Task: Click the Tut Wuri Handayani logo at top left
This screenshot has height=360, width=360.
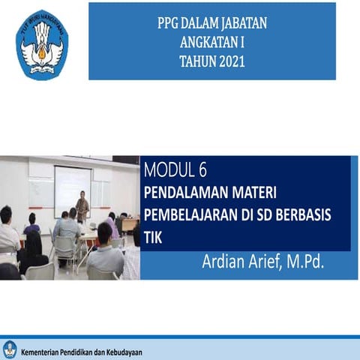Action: tap(42, 45)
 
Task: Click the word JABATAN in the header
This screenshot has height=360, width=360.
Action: tap(241, 23)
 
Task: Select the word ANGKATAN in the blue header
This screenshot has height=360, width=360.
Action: tap(204, 43)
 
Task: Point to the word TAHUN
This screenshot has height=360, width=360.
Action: tap(196, 61)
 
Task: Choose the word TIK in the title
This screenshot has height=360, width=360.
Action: tap(152, 235)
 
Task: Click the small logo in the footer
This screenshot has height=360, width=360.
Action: tap(10, 349)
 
